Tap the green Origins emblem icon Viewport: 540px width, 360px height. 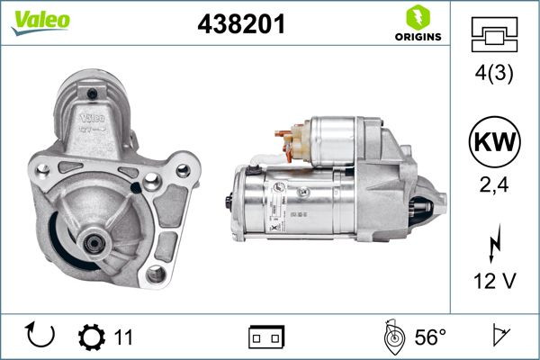tap(417, 17)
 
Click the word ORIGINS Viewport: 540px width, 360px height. tap(417, 37)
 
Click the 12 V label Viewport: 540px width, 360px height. tap(494, 282)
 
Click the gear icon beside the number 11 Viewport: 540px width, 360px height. tap(92, 337)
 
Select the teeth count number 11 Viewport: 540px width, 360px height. tap(123, 337)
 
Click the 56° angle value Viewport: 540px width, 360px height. tap(430, 337)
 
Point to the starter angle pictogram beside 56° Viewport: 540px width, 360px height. tap(391, 337)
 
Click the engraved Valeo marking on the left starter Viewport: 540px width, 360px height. tap(92, 118)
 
